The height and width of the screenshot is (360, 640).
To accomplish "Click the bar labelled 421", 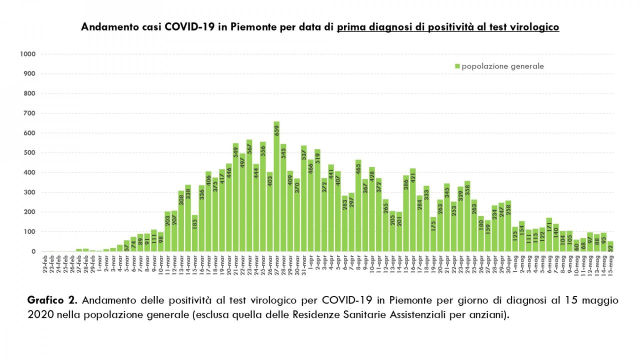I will coord(413,210).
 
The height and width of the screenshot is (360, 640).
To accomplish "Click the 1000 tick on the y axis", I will coord(28,54).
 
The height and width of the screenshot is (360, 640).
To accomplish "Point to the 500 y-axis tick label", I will coord(29,152).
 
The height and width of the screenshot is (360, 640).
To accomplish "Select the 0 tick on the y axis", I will coord(33,251).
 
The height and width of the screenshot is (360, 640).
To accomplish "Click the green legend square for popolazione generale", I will coord(457,66).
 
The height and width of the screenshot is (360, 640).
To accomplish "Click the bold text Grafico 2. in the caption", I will coord(52,300).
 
